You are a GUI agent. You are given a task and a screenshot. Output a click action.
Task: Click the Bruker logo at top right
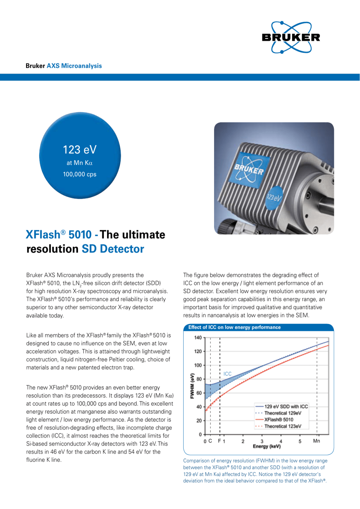291,37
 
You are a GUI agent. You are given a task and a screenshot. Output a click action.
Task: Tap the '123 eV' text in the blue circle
79,150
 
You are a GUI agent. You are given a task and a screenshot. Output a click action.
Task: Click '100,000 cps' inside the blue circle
79,175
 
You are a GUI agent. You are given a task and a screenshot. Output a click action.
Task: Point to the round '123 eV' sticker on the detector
274,198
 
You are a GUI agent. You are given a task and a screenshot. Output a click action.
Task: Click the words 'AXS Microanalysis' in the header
74,66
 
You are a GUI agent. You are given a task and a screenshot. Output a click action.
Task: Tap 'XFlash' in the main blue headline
43,235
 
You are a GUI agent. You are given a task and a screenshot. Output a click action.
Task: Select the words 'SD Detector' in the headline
113,249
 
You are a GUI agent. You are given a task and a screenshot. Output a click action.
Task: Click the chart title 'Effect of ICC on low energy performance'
234,327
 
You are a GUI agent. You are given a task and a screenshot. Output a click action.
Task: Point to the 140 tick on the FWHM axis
198,338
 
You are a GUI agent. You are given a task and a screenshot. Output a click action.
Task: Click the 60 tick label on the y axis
199,393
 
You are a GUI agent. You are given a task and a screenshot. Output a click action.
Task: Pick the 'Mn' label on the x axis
316,441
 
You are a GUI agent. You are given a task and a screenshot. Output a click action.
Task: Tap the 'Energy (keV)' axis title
267,446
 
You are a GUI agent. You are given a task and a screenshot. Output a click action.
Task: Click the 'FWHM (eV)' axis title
192,386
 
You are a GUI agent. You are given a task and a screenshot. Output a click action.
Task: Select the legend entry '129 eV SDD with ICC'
286,407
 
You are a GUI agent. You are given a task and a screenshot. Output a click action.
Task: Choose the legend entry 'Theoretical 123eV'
283,426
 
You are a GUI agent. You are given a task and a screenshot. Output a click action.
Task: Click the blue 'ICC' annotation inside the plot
228,374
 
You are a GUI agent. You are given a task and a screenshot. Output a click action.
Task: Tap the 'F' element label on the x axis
219,441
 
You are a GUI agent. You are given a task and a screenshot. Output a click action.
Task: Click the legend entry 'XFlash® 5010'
279,420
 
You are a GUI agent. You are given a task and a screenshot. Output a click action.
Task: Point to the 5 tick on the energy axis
300,441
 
